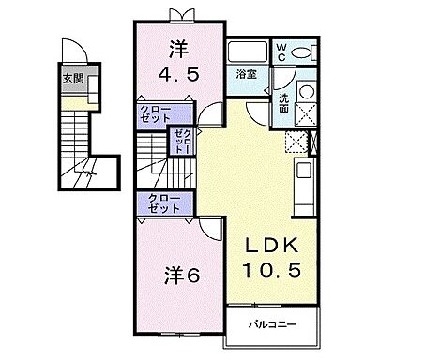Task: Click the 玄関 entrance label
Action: click(73, 79)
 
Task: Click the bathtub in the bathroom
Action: click(249, 52)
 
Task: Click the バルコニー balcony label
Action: click(274, 324)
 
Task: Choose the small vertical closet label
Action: click(180, 143)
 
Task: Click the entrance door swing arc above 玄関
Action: click(70, 52)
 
